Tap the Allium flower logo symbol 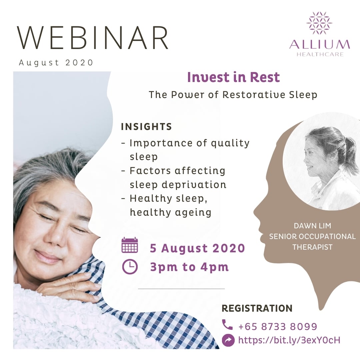pos(319,23)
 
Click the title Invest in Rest pos(233,77)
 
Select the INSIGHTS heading pos(146,127)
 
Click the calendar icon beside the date pos(130,245)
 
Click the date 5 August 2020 pos(197,248)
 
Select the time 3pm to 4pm pos(189,267)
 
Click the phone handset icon pos(227,324)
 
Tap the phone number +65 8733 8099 pos(278,326)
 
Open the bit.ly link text pos(289,340)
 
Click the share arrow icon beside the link pos(228,340)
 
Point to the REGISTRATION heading pos(257,308)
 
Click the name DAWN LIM pos(312,226)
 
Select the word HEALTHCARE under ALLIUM pos(320,54)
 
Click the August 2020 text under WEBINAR pos(56,63)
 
